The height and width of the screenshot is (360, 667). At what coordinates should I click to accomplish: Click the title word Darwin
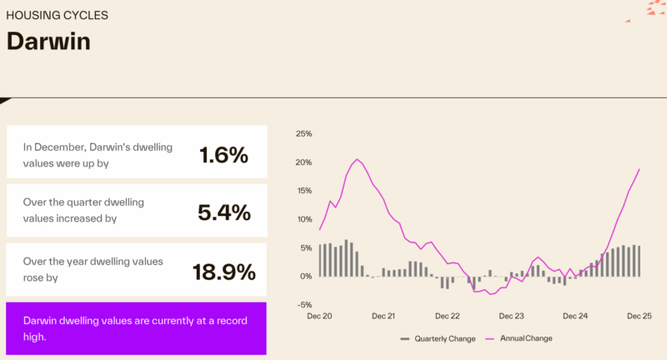[48, 41]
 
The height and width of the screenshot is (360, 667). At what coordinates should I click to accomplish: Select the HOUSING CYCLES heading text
[57, 15]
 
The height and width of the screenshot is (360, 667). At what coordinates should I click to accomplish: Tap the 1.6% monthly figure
[223, 155]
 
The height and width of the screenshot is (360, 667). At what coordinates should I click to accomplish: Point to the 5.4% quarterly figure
[223, 212]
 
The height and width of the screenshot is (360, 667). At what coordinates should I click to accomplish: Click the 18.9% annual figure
[223, 272]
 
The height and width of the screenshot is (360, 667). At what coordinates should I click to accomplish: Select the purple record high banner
[136, 329]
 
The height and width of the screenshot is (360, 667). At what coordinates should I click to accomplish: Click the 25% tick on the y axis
[303, 133]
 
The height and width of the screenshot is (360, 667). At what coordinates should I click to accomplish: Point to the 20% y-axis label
[303, 162]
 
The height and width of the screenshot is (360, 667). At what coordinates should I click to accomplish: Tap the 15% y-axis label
[303, 191]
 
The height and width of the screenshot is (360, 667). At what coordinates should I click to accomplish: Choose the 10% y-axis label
[303, 219]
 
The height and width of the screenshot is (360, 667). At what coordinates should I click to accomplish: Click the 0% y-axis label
[306, 277]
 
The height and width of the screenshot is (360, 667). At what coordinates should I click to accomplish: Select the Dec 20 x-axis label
[319, 317]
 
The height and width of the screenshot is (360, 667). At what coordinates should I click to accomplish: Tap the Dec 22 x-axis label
[448, 317]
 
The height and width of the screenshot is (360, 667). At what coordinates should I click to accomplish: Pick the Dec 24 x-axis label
[575, 317]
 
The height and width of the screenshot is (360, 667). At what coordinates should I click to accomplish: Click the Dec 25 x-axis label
[639, 317]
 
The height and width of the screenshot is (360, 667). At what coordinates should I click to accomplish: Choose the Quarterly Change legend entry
[439, 338]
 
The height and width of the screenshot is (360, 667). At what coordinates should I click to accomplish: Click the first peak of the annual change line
[357, 159]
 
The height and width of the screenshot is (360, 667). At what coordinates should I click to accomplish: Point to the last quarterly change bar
[639, 261]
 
